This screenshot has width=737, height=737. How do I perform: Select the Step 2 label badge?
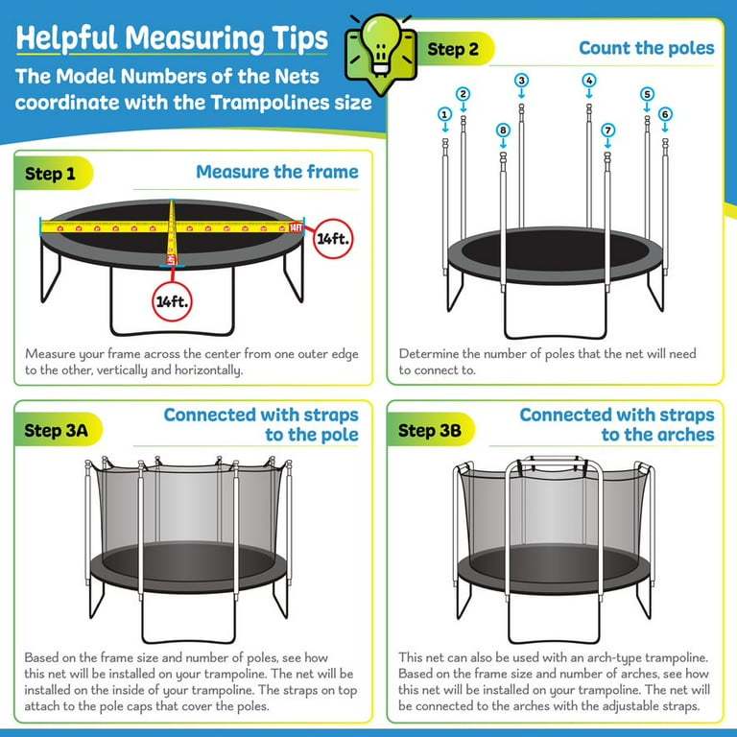tap(452, 49)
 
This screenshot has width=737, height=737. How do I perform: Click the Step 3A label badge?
tap(57, 431)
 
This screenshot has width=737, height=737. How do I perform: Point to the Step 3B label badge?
tap(430, 431)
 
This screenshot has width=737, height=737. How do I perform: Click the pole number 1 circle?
tap(444, 114)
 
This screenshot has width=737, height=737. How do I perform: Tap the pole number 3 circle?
tap(521, 81)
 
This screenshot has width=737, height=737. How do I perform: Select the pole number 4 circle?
tap(589, 81)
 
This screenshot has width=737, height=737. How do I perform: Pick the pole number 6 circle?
tap(665, 114)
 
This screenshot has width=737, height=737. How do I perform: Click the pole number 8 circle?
tap(502, 130)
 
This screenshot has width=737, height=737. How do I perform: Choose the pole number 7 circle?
tap(607, 130)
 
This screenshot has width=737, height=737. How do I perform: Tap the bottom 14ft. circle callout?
tap(172, 299)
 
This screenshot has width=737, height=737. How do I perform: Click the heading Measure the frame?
tap(276, 172)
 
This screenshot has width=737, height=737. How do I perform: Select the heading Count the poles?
tap(646, 47)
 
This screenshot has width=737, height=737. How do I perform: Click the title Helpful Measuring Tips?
tap(172, 38)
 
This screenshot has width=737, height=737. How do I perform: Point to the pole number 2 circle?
tap(464, 94)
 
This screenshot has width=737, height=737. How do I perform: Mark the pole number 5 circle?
tap(647, 94)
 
